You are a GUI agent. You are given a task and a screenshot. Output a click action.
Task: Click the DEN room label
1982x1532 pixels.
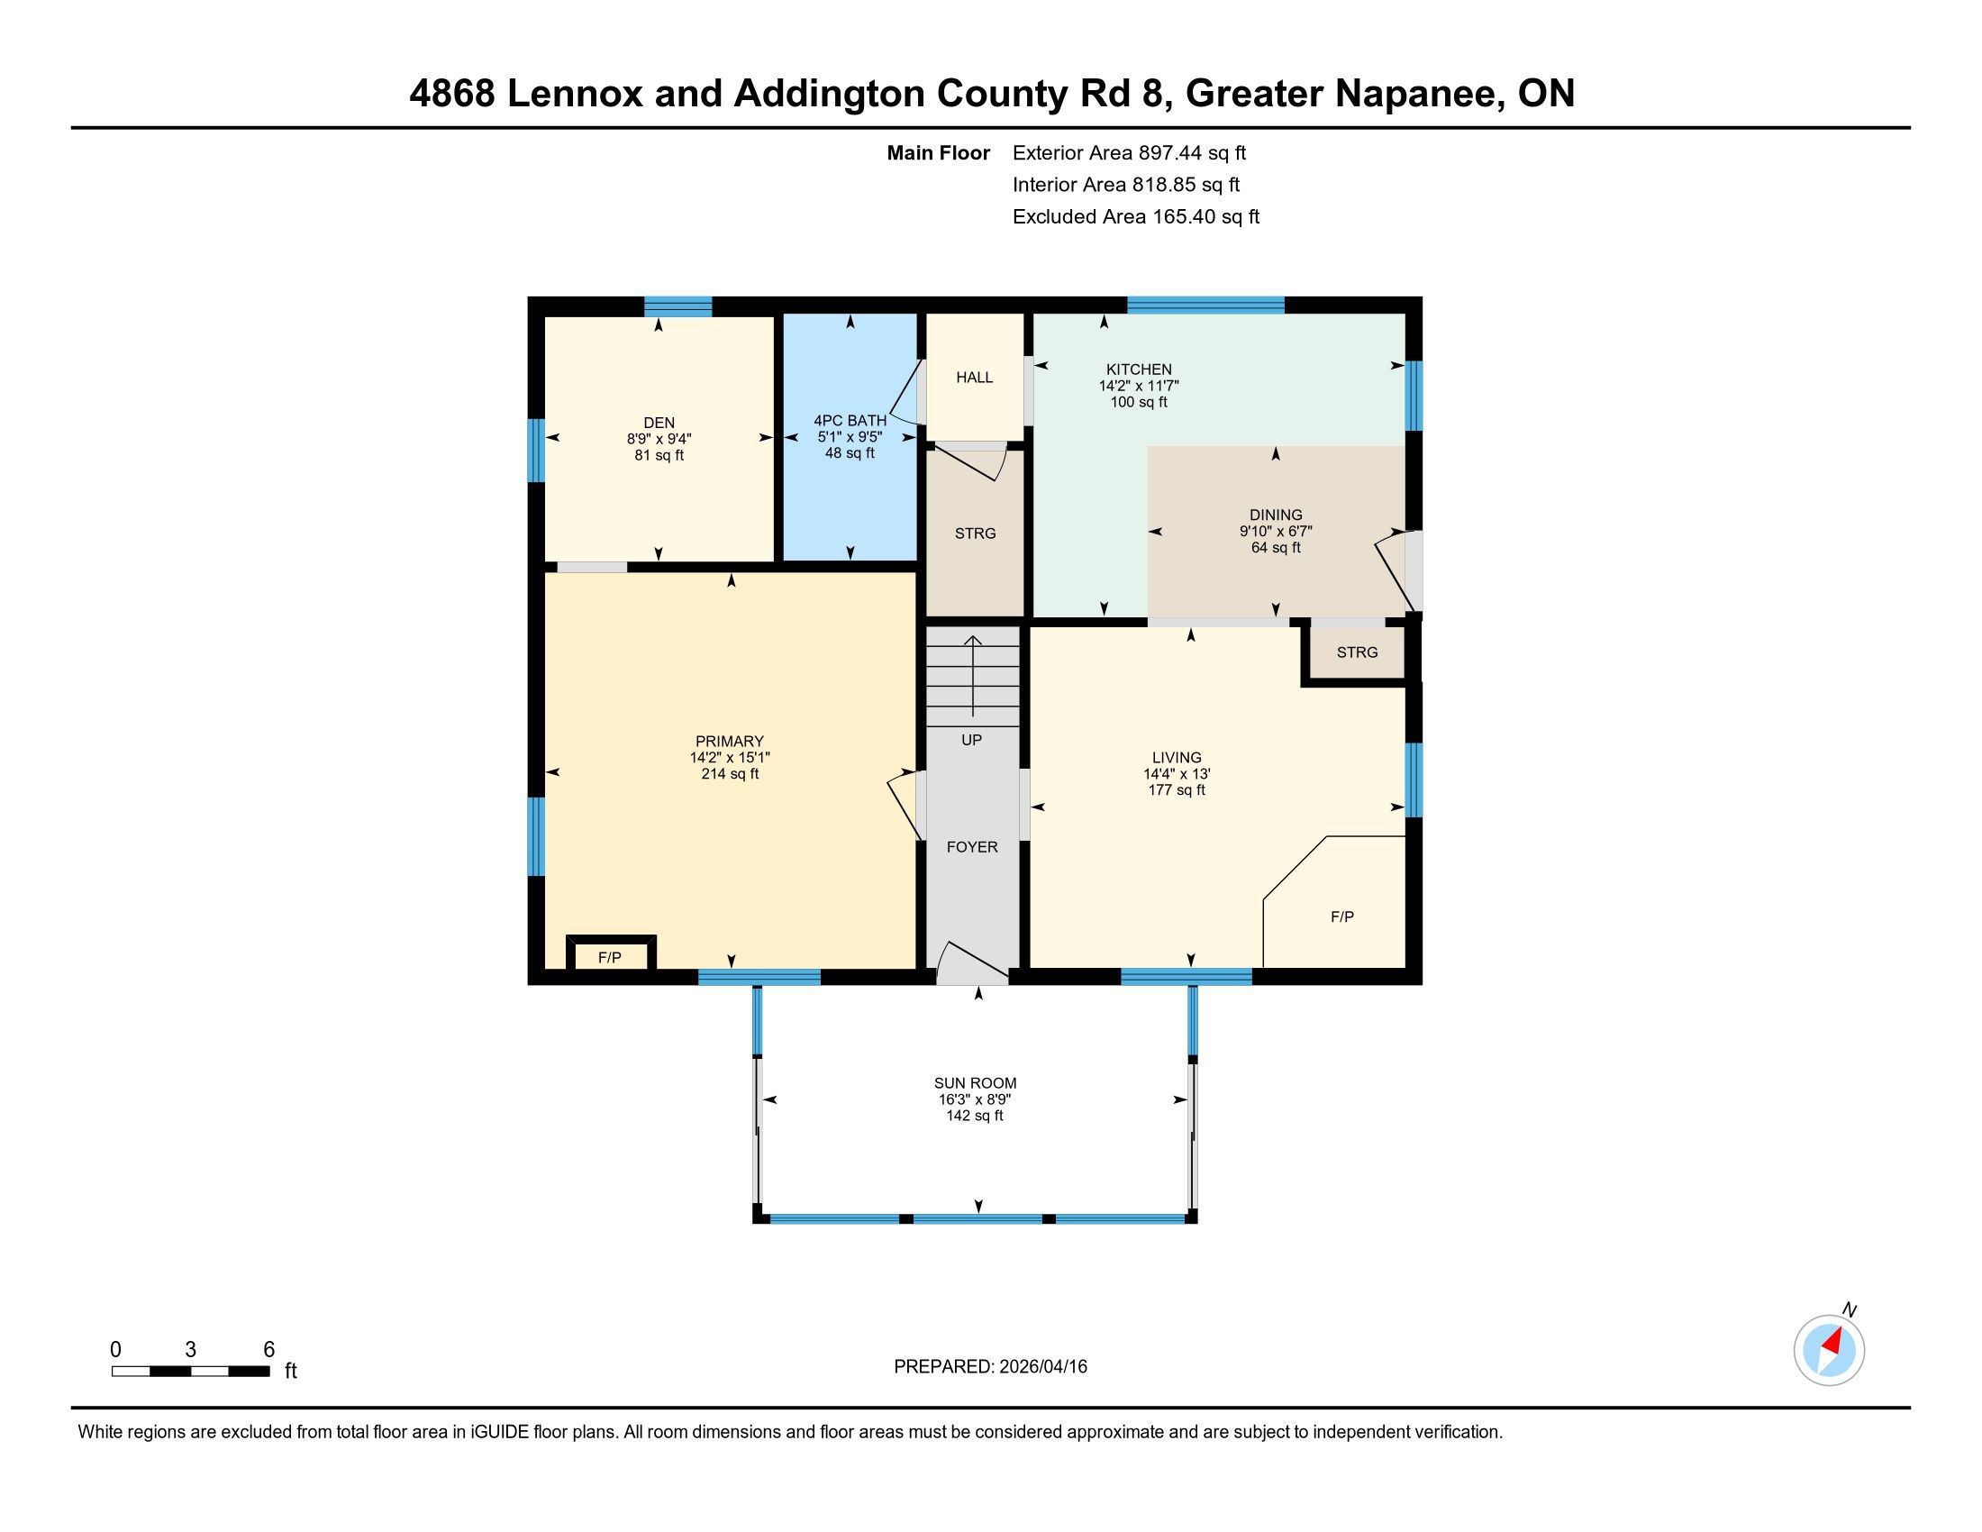point(659,422)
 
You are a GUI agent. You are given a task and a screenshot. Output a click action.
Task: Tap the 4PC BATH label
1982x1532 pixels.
point(850,420)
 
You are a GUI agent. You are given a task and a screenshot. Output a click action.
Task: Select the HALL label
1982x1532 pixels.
point(975,378)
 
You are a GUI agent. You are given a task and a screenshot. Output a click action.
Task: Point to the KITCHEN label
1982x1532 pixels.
point(1139,369)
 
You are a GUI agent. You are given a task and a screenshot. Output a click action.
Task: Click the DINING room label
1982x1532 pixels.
point(1276,515)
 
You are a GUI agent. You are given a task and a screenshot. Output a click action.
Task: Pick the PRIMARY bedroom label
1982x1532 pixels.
point(730,742)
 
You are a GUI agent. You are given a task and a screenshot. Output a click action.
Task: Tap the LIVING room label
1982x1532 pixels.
point(1177,758)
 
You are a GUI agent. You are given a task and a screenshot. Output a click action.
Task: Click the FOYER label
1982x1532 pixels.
point(972,847)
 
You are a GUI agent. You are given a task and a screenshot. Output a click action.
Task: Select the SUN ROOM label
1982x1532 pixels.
point(976,1082)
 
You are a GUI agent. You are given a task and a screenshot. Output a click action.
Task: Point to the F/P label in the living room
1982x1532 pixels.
point(1342,916)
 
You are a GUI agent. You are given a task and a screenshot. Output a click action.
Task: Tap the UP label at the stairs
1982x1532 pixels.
point(972,740)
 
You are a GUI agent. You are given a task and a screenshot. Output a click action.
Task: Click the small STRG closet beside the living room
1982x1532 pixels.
point(1358,652)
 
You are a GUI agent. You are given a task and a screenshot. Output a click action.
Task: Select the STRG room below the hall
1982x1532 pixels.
point(976,533)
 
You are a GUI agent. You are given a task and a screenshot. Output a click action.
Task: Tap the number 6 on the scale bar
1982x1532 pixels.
point(268,1350)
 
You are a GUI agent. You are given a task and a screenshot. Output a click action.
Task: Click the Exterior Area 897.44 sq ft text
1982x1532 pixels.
point(1130,153)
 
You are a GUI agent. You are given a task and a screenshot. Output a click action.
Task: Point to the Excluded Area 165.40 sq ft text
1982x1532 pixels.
point(1136,217)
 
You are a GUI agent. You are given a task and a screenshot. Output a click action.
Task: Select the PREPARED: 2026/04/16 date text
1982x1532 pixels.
point(991,1367)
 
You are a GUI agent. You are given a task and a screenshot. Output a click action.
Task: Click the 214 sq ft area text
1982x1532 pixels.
point(730,774)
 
